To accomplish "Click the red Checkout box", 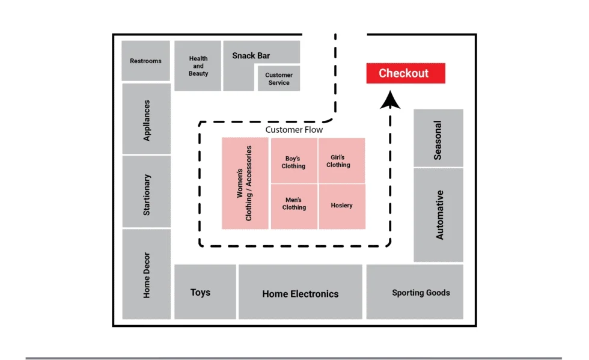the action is (x=406, y=73).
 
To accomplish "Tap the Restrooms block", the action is (x=145, y=61).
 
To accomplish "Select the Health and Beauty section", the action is (x=198, y=66).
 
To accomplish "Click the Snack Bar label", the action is (x=251, y=56).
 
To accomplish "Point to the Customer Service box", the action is (x=279, y=79).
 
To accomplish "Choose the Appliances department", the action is (x=147, y=119).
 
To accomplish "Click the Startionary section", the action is (x=147, y=192).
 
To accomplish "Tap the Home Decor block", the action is (x=147, y=274).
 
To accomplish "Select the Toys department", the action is (x=205, y=292).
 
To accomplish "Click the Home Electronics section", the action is (x=301, y=292).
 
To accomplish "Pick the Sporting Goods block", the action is (x=415, y=292).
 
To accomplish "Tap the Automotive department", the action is (x=438, y=215).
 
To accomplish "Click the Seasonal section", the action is (x=438, y=138).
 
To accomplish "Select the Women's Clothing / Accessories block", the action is (x=245, y=183).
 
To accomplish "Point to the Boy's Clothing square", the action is (x=294, y=161).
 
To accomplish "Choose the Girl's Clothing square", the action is (x=342, y=161).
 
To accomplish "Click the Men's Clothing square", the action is (x=294, y=206).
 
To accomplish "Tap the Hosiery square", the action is (x=342, y=206).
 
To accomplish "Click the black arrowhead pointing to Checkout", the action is (x=390, y=101).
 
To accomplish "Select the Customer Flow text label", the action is (x=294, y=130).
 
